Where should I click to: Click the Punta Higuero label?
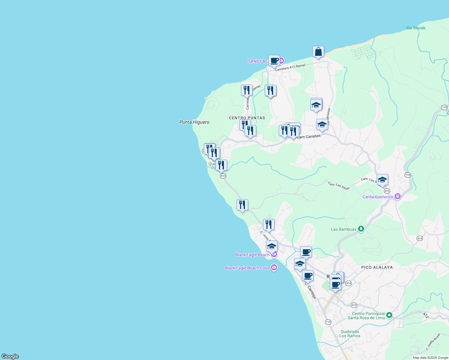tap(194, 122)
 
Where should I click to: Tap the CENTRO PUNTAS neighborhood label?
tap(247, 118)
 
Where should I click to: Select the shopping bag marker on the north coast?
tap(318, 52)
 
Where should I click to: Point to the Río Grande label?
tap(416, 28)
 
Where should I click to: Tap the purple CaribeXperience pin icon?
tap(398, 197)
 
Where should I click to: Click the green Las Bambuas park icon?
tap(361, 229)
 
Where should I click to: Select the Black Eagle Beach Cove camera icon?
tap(274, 268)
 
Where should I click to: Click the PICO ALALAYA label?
tap(377, 267)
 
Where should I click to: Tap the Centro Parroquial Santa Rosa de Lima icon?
tap(389, 315)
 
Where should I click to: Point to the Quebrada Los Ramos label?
tap(350, 334)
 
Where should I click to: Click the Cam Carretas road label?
tap(309, 137)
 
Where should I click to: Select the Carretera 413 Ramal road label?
tap(290, 67)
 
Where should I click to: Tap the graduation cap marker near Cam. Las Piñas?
tap(382, 180)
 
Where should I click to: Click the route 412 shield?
tap(354, 305)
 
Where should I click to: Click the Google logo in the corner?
tap(10, 356)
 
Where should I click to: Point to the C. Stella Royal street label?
tap(433, 342)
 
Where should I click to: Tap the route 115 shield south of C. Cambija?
tap(328, 322)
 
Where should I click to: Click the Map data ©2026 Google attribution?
tap(430, 358)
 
